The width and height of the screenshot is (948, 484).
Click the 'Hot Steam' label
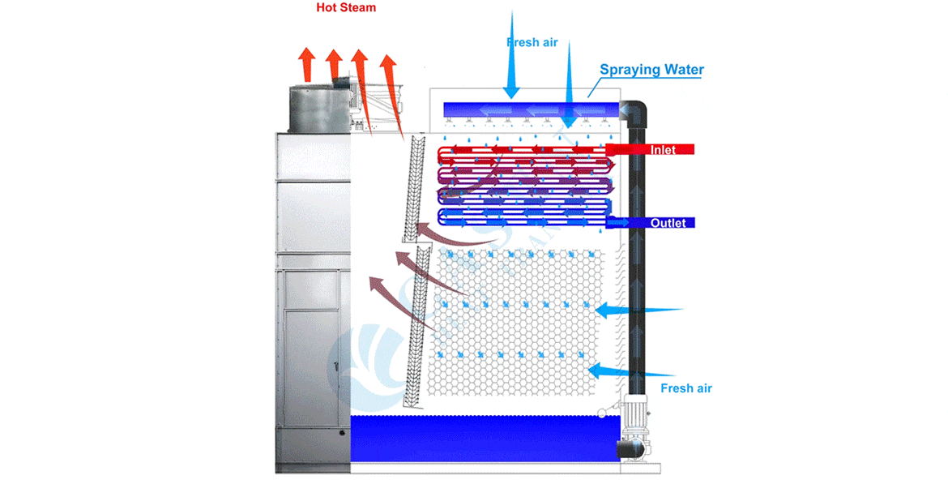coord(346,8)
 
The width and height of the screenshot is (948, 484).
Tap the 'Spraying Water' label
coord(651,70)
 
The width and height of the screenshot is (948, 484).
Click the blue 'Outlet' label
coord(668,223)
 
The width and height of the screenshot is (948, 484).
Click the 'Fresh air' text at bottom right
coord(686,388)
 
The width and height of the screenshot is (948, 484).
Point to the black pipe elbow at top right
coord(634,113)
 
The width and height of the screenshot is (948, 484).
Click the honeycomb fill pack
coord(519,324)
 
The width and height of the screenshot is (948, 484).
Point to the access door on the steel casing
coord(312,341)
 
